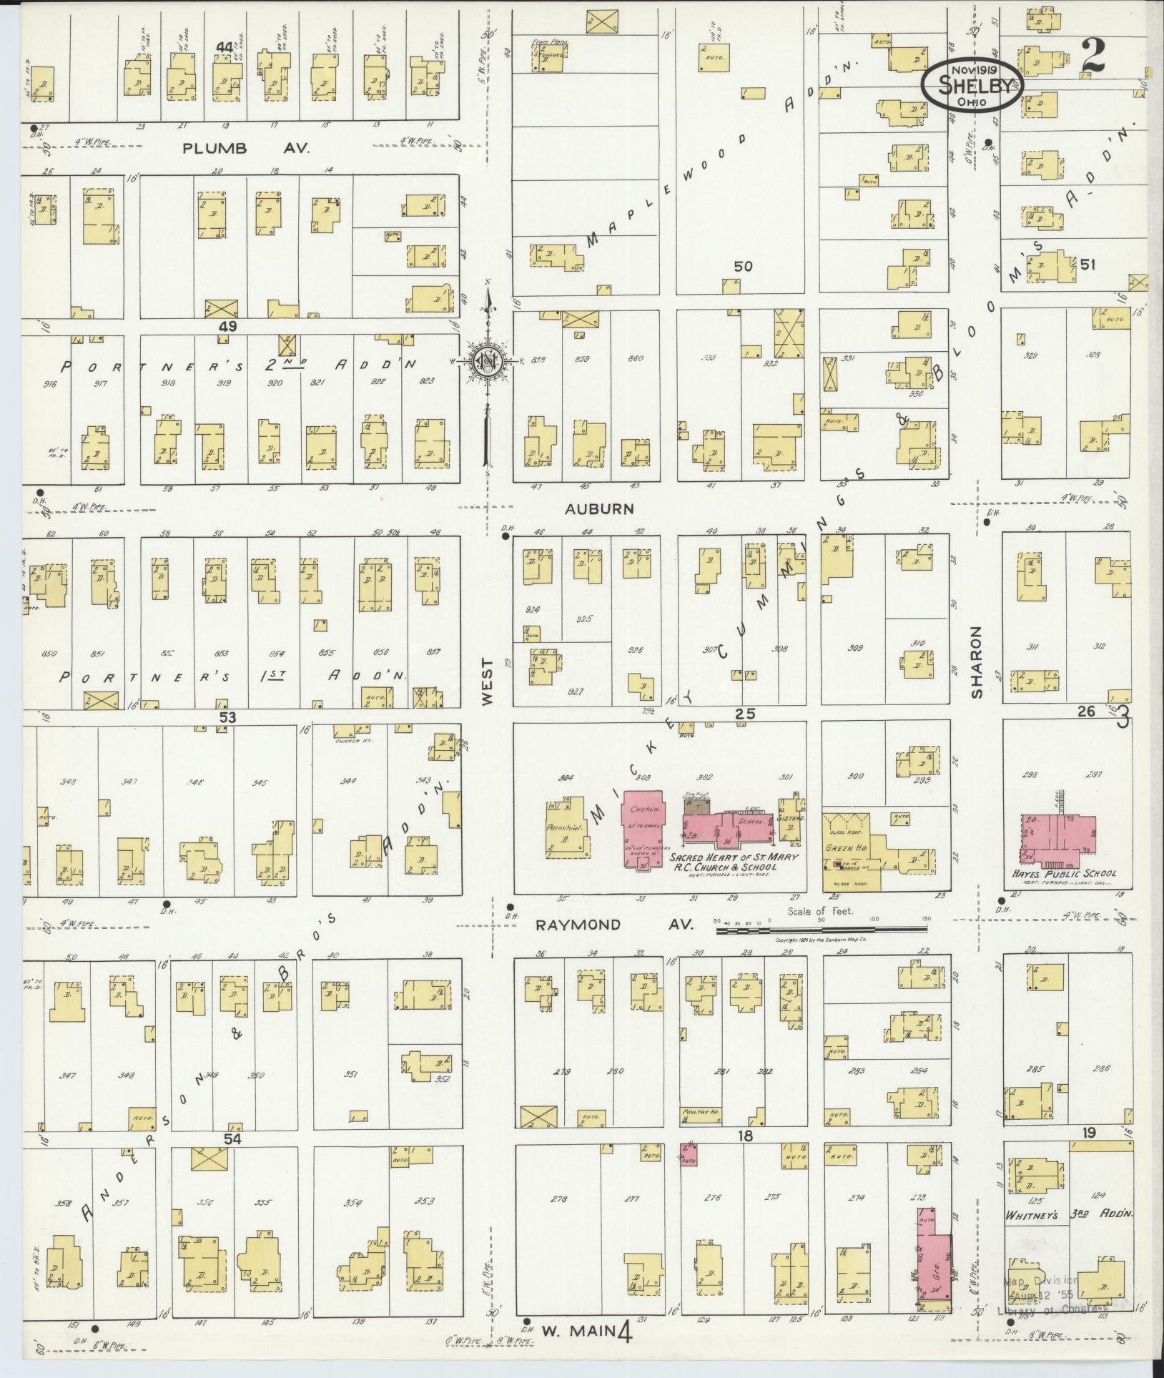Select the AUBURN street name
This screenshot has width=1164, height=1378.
tap(599, 508)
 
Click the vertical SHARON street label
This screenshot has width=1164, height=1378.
tap(977, 662)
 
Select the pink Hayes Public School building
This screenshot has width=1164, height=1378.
tap(1060, 835)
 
